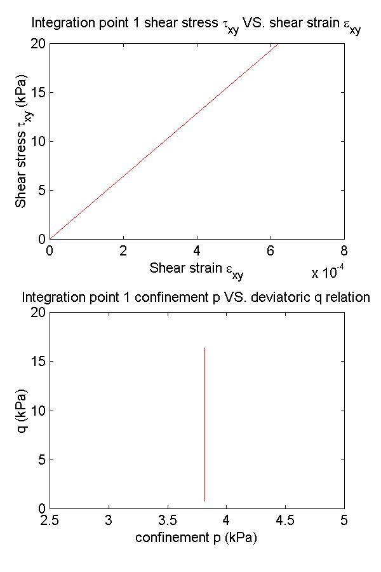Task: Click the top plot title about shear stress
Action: [196, 26]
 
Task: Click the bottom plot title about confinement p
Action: [196, 297]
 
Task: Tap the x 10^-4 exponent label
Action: [328, 273]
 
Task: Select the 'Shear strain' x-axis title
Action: [196, 269]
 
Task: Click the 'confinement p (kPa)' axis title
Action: [196, 538]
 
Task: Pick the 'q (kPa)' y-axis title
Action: [23, 411]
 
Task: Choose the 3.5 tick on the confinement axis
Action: [167, 521]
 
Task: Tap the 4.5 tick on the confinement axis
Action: [285, 521]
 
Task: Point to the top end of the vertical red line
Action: [204, 348]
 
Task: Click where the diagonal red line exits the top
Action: [277, 44]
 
